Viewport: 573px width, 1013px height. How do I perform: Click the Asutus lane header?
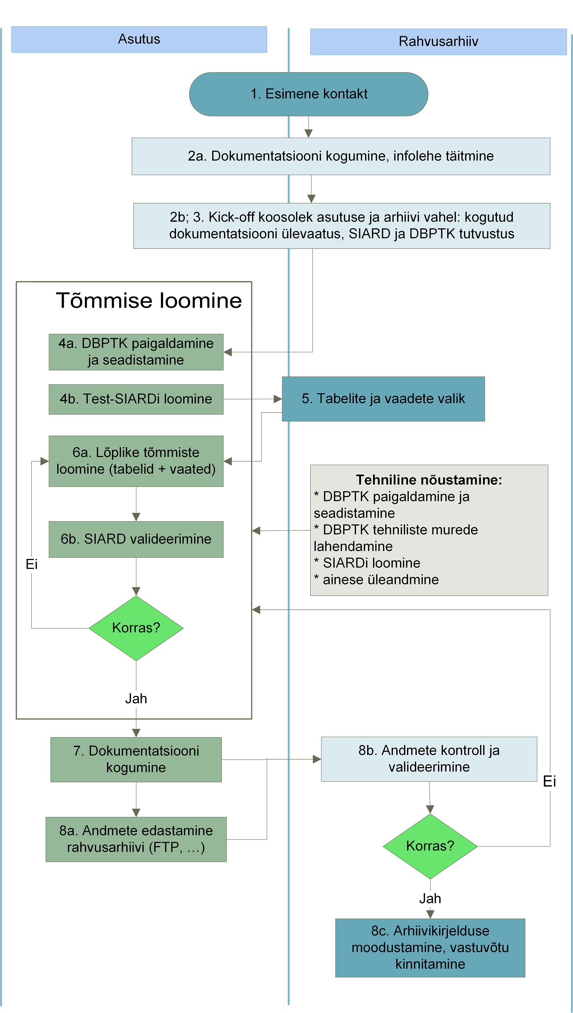pyautogui.click(x=139, y=40)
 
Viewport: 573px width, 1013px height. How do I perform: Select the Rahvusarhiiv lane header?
pyautogui.click(x=438, y=41)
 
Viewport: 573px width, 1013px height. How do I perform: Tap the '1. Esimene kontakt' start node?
pyautogui.click(x=308, y=94)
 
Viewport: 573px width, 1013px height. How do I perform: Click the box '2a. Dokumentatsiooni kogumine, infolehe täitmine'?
pyautogui.click(x=341, y=156)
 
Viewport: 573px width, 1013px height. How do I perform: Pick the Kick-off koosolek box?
pyautogui.click(x=342, y=226)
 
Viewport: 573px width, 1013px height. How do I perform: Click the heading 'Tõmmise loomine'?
pyautogui.click(x=149, y=301)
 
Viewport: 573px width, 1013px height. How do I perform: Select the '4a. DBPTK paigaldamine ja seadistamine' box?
pyautogui.click(x=136, y=352)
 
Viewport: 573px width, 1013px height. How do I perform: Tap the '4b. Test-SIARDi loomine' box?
pyautogui.click(x=136, y=399)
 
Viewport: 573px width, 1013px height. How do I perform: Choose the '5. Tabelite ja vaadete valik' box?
pyautogui.click(x=383, y=399)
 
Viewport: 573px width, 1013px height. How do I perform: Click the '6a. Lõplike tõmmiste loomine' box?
pyautogui.click(x=136, y=461)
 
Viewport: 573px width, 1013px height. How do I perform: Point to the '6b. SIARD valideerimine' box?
pyautogui.click(x=136, y=539)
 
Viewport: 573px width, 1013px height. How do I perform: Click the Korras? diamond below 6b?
pyautogui.click(x=136, y=628)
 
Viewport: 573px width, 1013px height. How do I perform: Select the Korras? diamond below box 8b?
pyautogui.click(x=430, y=846)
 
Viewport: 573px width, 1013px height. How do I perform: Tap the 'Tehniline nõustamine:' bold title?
pyautogui.click(x=429, y=480)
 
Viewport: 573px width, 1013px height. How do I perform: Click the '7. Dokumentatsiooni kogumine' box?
pyautogui.click(x=136, y=759)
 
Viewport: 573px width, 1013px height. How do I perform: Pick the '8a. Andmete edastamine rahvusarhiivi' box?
pyautogui.click(x=136, y=839)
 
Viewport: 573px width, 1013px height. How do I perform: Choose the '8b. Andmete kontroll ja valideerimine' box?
pyautogui.click(x=429, y=759)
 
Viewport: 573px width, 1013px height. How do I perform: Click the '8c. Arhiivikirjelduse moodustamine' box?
pyautogui.click(x=430, y=948)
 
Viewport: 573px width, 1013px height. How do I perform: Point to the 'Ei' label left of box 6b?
pyautogui.click(x=31, y=564)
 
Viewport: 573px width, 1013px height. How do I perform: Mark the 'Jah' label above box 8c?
pyautogui.click(x=430, y=899)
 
